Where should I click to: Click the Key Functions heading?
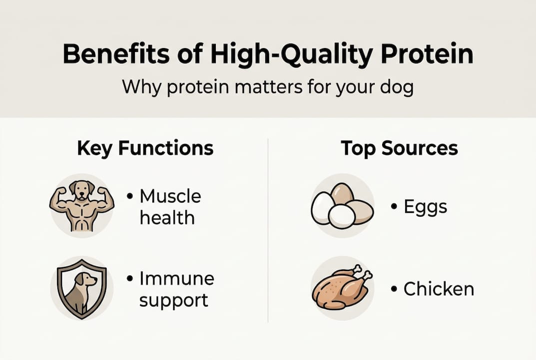[145, 148]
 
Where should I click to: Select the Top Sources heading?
[399, 148]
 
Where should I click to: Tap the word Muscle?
[170, 196]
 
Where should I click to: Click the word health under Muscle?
[167, 217]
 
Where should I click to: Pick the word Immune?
[176, 278]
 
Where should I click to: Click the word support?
[173, 300]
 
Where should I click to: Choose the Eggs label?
[425, 206]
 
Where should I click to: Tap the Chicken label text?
[438, 289]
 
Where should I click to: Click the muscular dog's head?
[81, 189]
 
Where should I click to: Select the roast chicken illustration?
[341, 289]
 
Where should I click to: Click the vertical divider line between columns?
[268, 230]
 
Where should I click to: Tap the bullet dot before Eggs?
[394, 206]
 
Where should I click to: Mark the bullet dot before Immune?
[130, 278]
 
